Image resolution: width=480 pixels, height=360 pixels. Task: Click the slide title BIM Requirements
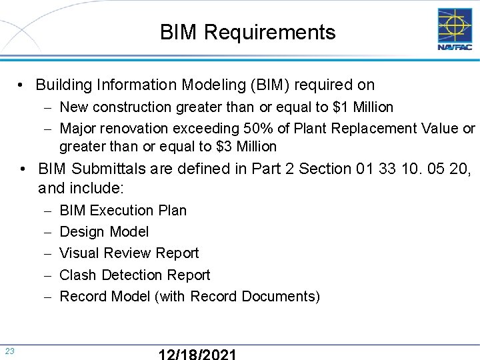(x=247, y=32)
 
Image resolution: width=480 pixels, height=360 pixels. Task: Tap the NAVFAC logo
(x=454, y=29)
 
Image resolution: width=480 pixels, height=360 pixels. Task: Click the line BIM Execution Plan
(x=123, y=210)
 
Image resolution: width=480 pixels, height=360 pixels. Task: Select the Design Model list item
(x=104, y=231)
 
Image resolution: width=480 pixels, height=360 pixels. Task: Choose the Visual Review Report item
(x=129, y=253)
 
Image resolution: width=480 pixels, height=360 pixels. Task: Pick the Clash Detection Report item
(x=135, y=275)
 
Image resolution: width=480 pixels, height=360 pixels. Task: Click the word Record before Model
(x=81, y=296)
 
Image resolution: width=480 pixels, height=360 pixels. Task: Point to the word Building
(x=64, y=85)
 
